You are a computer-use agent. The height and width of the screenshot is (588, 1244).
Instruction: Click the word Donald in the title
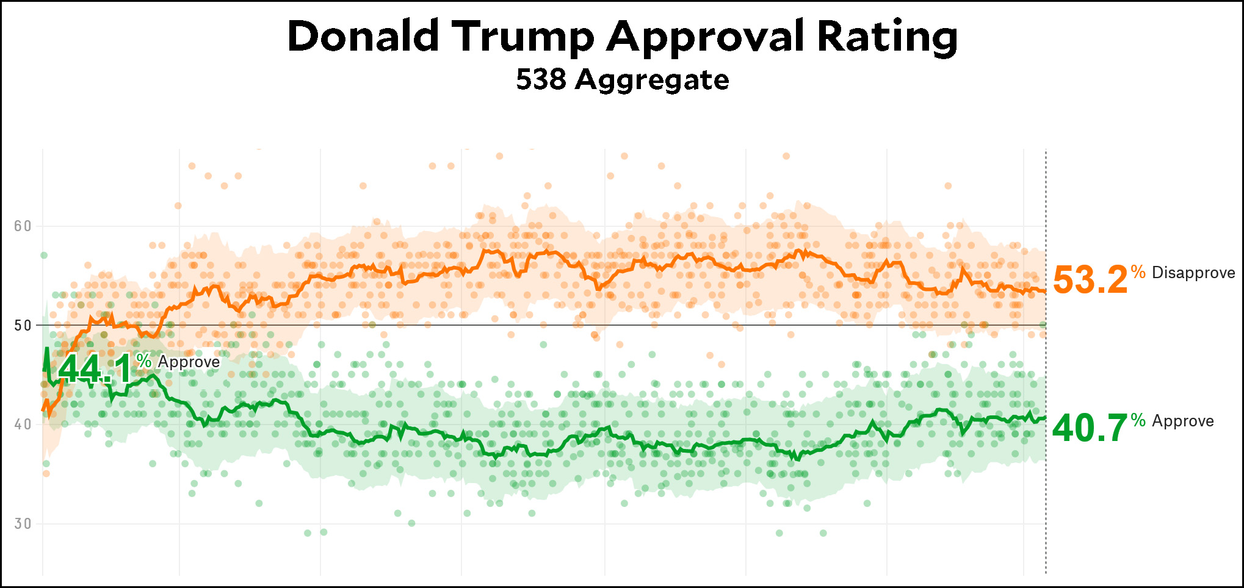[363, 36]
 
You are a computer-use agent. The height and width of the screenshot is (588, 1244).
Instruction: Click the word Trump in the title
[523, 36]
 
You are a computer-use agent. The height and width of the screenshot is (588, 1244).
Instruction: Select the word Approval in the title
[706, 36]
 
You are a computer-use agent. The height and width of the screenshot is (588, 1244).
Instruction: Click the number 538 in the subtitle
[541, 80]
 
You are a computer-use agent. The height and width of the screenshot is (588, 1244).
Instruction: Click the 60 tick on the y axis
[23, 226]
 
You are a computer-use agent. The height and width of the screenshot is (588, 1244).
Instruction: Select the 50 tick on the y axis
[23, 326]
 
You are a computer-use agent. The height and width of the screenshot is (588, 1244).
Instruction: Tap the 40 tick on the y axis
[23, 425]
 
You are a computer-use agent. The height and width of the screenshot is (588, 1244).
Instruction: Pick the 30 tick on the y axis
[23, 524]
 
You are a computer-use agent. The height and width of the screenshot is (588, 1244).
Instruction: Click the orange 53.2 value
[1090, 280]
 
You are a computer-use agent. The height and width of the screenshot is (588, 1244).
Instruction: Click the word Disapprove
[1193, 273]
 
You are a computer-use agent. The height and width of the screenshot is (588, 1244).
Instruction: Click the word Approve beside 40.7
[1183, 421]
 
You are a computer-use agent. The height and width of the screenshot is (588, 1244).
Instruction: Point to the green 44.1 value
[95, 369]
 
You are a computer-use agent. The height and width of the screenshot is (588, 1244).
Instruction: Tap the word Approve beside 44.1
[189, 362]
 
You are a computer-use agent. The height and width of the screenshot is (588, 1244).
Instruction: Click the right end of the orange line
[1045, 291]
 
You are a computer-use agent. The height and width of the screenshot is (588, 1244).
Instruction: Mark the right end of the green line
[1045, 418]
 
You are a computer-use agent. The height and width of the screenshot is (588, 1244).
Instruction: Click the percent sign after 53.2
[1138, 271]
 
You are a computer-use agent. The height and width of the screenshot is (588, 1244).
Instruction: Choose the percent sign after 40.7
[1138, 420]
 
